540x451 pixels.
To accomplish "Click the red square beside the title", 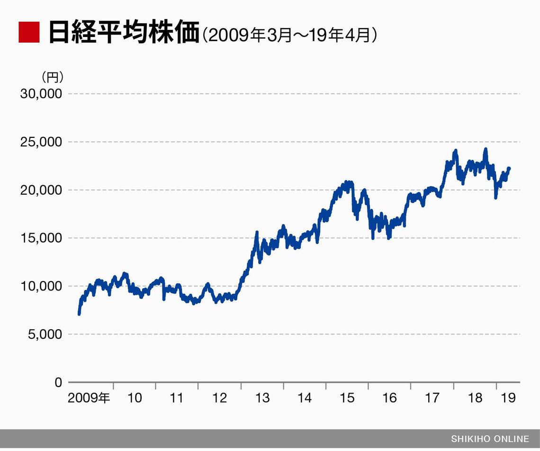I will click(x=28, y=32).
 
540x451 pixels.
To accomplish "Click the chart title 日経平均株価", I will click(x=124, y=32).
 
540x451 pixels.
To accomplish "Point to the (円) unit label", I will click(x=52, y=76).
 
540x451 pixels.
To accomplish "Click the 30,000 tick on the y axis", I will click(x=41, y=94).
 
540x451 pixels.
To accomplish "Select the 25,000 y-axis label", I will click(x=41, y=142).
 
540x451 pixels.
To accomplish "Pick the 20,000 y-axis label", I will click(x=41, y=190).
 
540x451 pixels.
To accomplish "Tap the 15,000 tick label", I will click(x=41, y=238).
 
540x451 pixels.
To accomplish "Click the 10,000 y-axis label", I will click(x=41, y=286).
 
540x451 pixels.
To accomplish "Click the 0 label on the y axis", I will click(x=58, y=382).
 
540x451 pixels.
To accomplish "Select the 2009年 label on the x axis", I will click(x=89, y=398).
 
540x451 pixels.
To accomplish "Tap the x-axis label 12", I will click(x=220, y=398).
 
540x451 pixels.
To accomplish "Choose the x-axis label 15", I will click(x=347, y=398).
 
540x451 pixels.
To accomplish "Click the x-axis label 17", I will click(x=432, y=398).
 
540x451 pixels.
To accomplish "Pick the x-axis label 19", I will click(x=508, y=398).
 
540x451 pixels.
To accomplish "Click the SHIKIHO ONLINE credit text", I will click(x=490, y=438).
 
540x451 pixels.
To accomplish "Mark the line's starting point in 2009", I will click(x=79, y=313).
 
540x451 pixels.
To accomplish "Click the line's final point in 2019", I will click(x=509, y=168).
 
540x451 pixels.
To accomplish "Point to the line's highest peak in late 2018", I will click(x=485, y=149).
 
